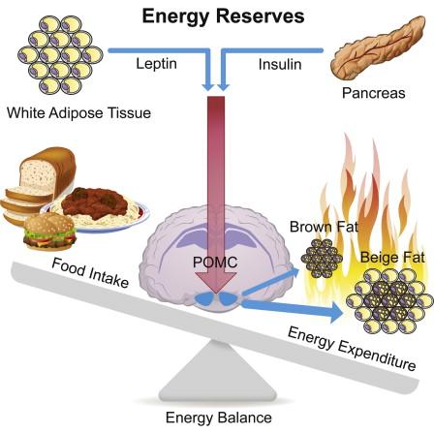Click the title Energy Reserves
coord(223,16)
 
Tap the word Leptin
coord(156,64)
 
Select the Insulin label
coord(280,64)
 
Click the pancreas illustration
coord(379,47)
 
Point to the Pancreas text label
coord(374,93)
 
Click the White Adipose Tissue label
coord(78,113)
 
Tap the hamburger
coord(49,232)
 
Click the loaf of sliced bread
coord(38,184)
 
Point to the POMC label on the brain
coord(215,263)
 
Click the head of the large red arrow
coord(215,280)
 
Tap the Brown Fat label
coord(324,227)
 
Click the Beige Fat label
coord(392,258)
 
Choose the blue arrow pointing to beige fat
coord(292,308)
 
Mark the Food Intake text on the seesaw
coord(90,273)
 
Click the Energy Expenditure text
coord(352,348)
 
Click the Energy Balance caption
coord(219,418)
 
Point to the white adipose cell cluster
coord(60,54)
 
